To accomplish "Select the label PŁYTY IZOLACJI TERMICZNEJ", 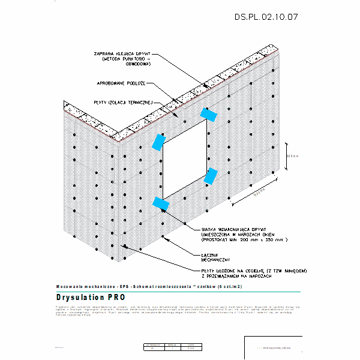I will (x=124, y=102).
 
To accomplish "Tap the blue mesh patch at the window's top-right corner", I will (x=209, y=114).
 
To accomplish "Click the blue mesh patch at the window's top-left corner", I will (x=159, y=142).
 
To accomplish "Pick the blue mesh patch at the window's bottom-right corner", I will (x=210, y=176).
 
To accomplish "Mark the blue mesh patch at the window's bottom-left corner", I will (x=160, y=203).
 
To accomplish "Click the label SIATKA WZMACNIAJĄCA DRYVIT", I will (x=235, y=229).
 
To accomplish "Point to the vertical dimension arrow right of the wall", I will (x=286, y=157).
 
